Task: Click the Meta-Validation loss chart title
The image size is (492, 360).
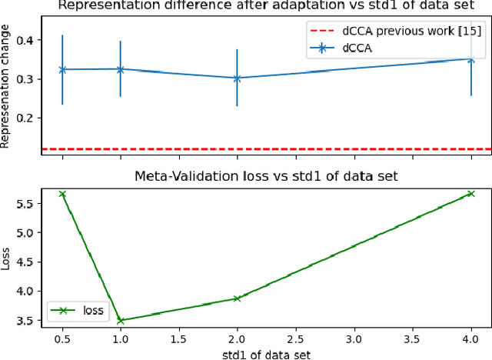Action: tap(265, 175)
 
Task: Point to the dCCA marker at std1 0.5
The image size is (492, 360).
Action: tap(62, 69)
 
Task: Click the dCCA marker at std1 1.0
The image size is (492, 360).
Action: tap(121, 69)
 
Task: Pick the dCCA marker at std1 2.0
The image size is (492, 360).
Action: tap(237, 78)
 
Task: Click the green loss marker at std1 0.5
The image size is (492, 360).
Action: tap(62, 194)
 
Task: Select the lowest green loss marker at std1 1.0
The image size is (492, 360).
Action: tap(121, 320)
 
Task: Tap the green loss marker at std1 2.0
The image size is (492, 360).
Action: tap(237, 298)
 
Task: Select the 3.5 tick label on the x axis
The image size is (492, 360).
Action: tap(412, 339)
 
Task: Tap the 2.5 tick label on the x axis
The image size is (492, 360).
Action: tap(295, 339)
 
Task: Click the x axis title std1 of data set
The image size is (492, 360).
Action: tap(265, 353)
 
